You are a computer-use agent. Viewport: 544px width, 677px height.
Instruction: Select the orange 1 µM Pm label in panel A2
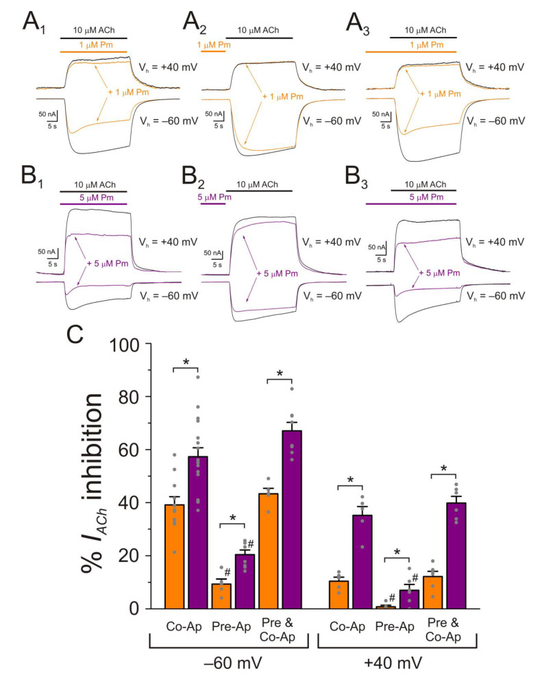pos(214,45)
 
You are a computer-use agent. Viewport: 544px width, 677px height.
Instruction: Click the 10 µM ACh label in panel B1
pos(92,185)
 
